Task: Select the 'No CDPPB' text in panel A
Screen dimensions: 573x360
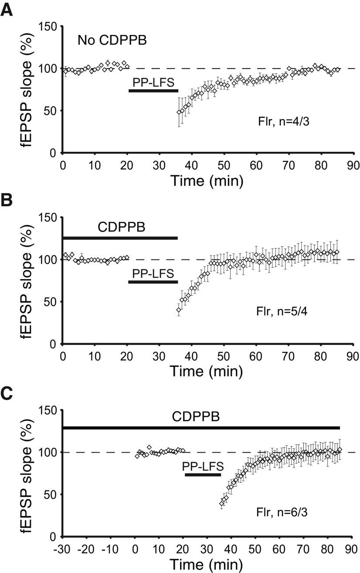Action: coord(112,41)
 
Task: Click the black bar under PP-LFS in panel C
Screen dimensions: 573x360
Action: coord(203,474)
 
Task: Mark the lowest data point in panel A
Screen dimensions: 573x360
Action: coord(179,112)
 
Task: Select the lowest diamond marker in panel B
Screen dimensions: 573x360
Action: coord(179,310)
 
